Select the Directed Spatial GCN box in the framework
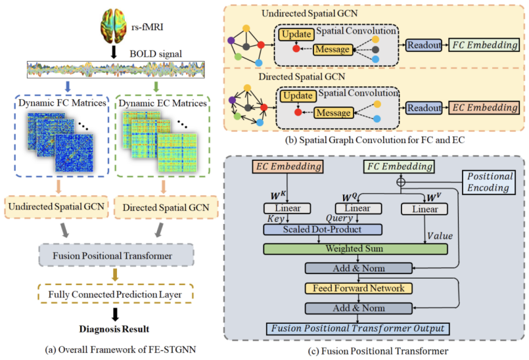[165, 208]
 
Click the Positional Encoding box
[488, 181]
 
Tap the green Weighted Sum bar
[354, 249]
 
